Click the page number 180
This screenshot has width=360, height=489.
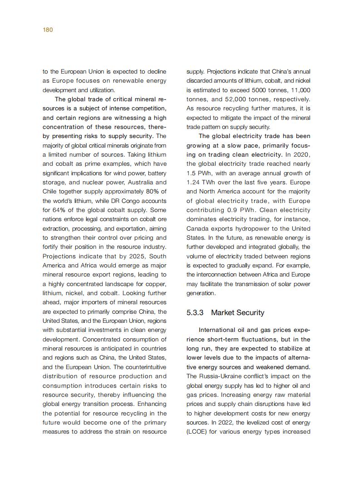48,30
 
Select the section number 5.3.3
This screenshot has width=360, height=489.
195,313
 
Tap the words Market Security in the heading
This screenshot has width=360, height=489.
237,313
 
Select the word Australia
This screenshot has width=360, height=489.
137,183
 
